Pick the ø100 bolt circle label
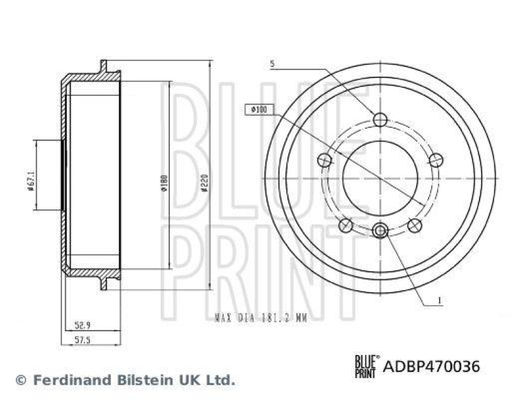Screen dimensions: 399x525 (257, 110)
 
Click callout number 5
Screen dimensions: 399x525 (272, 64)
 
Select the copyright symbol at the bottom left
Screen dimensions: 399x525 (21, 379)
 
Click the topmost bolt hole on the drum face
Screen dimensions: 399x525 (380, 119)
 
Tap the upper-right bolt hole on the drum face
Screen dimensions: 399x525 (435, 159)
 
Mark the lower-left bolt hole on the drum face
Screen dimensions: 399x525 (345, 226)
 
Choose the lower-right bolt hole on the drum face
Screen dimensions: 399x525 (413, 226)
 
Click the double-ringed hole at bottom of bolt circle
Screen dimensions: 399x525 (380, 230)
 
